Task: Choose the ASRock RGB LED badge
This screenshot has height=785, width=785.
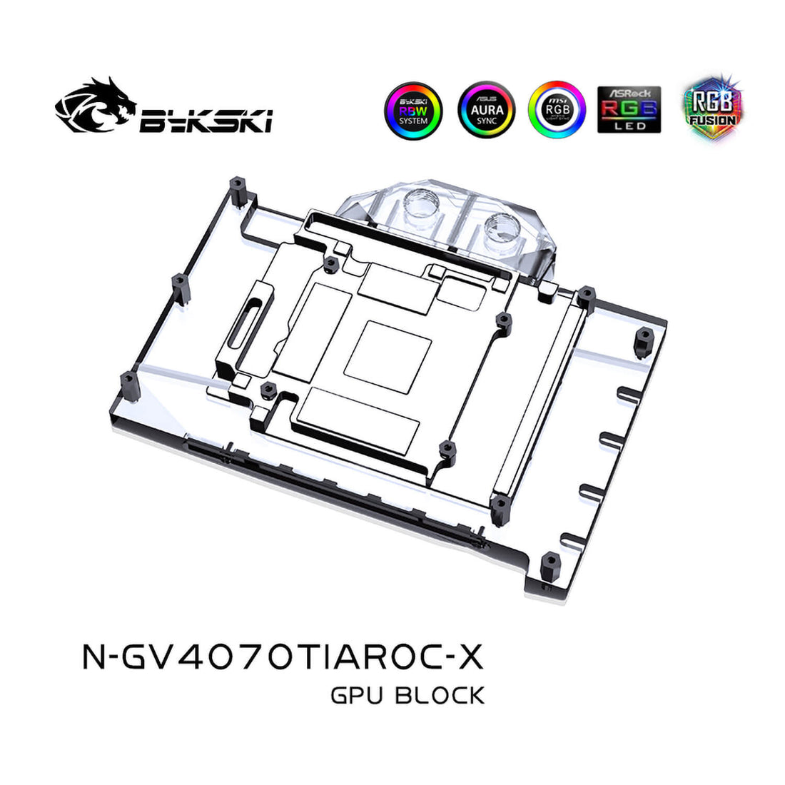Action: (x=629, y=110)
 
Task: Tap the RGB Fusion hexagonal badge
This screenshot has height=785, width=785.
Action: (x=711, y=107)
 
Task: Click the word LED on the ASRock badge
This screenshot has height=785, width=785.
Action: (x=629, y=126)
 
